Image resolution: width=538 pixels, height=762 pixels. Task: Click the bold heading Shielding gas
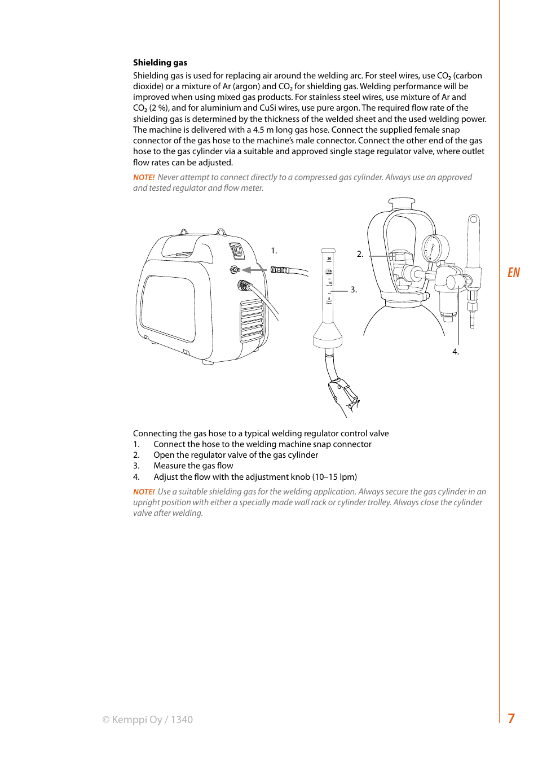coord(160,63)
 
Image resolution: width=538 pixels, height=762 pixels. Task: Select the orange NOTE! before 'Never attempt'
coord(144,177)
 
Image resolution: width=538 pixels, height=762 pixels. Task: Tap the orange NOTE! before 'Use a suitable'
coord(144,492)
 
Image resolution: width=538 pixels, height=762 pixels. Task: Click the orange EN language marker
coord(513,273)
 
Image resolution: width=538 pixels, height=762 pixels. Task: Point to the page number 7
coord(511,719)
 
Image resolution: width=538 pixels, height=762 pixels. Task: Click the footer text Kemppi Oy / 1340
coord(148,720)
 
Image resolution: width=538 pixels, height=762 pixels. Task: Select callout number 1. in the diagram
coord(274,251)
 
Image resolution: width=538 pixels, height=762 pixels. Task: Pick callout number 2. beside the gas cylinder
coord(360,254)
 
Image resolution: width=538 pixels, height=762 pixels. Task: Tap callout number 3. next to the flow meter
coord(354,290)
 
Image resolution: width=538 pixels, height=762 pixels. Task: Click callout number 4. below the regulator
coord(456,352)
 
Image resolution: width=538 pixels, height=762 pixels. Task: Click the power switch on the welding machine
coord(237,249)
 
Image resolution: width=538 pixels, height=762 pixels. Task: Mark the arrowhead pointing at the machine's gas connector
coord(246,270)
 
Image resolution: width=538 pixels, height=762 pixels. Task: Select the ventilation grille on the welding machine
coord(252,320)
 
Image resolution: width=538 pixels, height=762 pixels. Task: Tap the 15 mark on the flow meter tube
coord(329,271)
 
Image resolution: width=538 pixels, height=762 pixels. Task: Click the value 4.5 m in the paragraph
coord(263,130)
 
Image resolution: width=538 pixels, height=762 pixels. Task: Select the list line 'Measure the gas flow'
coord(193,466)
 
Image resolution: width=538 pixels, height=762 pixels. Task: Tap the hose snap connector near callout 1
coord(280,270)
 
